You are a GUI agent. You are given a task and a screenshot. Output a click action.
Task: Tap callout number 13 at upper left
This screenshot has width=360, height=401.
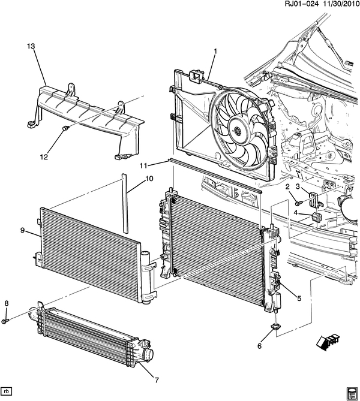tap(32, 47)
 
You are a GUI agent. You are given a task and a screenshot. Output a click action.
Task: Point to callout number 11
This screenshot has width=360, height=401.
tap(143, 165)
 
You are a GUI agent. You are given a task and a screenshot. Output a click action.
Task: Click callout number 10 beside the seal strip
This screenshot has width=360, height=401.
tap(149, 179)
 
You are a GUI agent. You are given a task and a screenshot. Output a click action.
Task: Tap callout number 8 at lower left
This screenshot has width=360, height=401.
tap(6, 302)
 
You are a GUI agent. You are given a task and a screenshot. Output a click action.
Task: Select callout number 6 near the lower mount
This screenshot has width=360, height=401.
tap(260, 346)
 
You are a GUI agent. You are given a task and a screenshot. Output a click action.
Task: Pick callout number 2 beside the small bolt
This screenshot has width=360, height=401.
tap(287, 188)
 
